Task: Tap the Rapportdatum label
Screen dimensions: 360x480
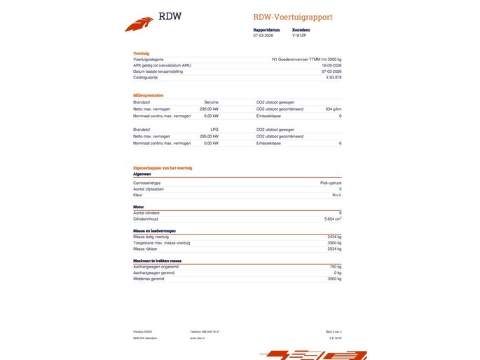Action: [266, 30]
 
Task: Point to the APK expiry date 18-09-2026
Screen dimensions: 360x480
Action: [331, 66]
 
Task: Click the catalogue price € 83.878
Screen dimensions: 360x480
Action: [334, 77]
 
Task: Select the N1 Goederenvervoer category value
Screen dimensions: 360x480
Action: [306, 60]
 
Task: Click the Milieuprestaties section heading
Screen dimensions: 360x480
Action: [149, 95]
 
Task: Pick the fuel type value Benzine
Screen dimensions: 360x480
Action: [211, 102]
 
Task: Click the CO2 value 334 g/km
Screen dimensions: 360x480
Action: [334, 109]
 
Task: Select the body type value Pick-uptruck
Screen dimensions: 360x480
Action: [330, 183]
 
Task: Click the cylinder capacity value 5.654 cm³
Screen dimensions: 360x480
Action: [332, 219]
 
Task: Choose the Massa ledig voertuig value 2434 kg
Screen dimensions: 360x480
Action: [334, 237]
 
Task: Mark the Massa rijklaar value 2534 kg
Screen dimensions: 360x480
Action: [334, 249]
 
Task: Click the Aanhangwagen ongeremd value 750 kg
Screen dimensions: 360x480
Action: [335, 266]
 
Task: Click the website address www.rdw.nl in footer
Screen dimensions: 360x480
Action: [196, 338]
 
